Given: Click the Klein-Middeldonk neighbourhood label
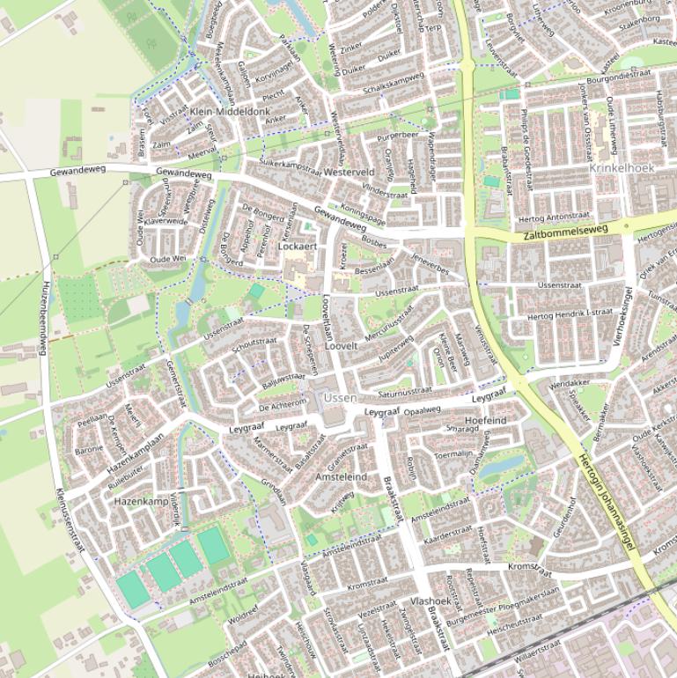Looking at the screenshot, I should (230, 112).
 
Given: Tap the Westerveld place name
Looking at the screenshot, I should (350, 173).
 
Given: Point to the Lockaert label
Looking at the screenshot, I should (297, 247).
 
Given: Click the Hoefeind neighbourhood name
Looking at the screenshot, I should (485, 421).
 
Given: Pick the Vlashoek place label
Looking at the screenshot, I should (430, 601).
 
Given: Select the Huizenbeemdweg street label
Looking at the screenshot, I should (42, 321).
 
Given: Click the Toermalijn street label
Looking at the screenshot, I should (454, 454).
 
